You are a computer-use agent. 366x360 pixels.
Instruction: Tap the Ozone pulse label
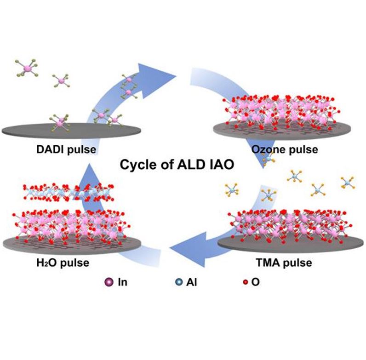point(285,150)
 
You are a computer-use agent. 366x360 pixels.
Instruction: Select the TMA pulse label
point(284,263)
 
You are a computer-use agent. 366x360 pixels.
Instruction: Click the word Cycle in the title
point(136,165)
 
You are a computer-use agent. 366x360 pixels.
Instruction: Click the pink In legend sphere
point(109,282)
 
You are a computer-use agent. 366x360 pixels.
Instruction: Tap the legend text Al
point(191,282)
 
